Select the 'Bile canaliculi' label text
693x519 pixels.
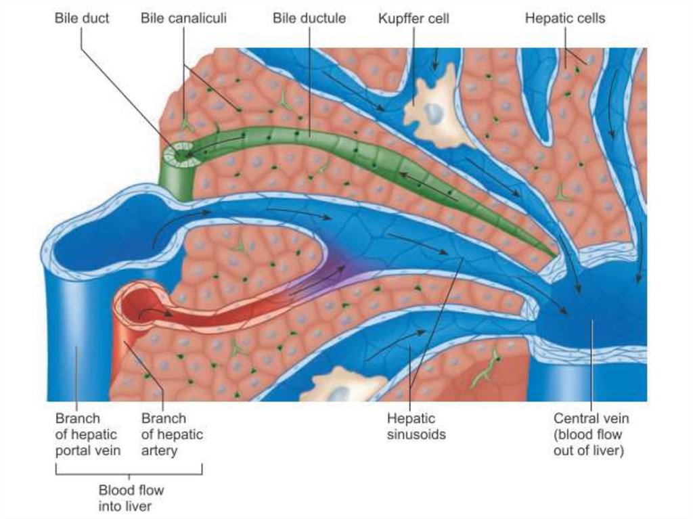[x=183, y=18]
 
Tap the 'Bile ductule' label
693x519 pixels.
[x=309, y=18]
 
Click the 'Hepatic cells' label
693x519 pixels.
[x=565, y=18]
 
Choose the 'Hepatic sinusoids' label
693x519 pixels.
[x=416, y=426]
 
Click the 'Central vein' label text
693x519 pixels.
[x=591, y=419]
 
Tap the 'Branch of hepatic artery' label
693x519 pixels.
[x=172, y=434]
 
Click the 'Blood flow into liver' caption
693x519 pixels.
[x=131, y=497]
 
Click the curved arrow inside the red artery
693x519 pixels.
[x=156, y=313]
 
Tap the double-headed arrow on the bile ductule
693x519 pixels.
[x=426, y=185]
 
